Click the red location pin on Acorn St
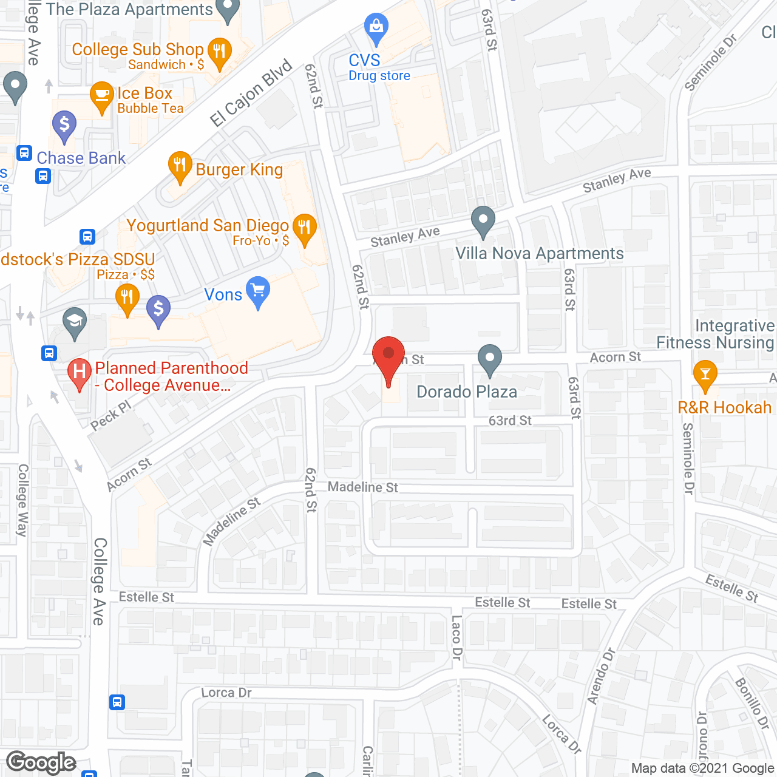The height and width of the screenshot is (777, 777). click(388, 355)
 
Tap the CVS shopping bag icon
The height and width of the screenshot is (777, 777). click(376, 27)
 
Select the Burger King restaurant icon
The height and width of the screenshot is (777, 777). click(180, 165)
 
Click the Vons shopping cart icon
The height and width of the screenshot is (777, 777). click(259, 291)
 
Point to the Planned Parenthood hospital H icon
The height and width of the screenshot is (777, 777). click(79, 371)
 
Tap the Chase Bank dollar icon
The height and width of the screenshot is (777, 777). click(64, 126)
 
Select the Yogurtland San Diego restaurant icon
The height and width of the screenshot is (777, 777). click(305, 228)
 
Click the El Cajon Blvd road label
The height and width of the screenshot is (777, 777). click(251, 93)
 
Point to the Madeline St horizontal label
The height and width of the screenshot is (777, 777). click(363, 487)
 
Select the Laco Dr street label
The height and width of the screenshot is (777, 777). click(456, 637)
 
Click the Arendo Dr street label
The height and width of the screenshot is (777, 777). click(601, 676)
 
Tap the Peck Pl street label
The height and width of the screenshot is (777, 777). click(111, 416)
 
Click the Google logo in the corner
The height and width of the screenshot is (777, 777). click(41, 762)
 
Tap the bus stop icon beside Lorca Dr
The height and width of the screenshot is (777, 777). click(117, 702)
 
